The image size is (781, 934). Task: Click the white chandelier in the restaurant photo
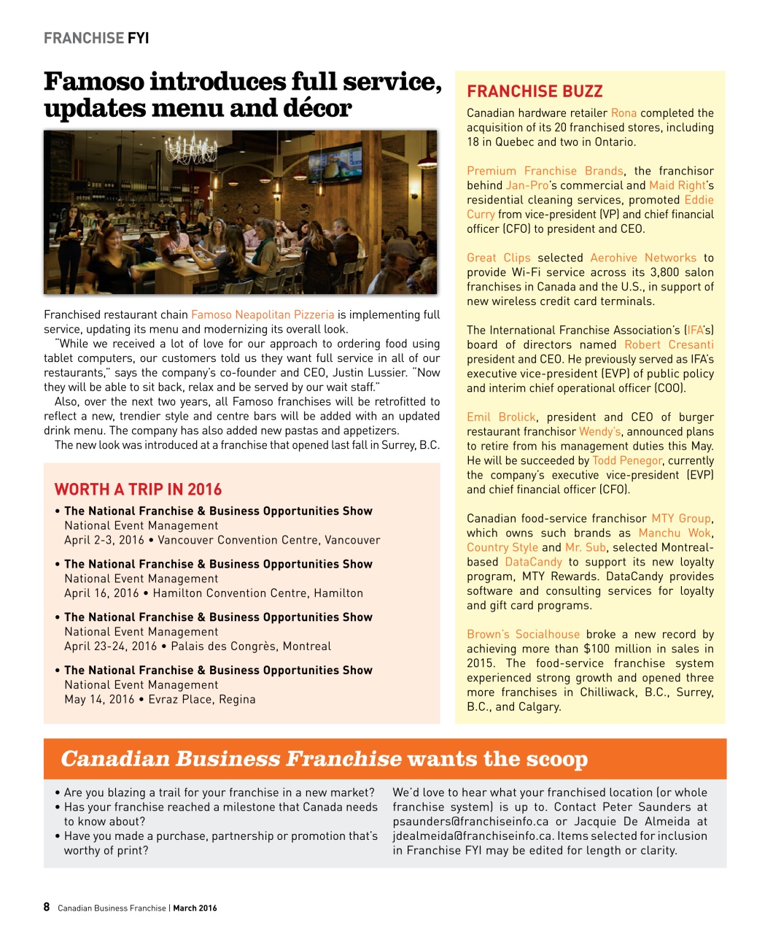tap(191, 149)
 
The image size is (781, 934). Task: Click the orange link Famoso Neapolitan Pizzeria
tap(263, 314)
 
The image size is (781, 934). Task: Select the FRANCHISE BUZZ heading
tap(535, 91)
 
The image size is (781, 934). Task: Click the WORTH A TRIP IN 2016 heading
tap(138, 490)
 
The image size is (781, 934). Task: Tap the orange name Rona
tap(623, 113)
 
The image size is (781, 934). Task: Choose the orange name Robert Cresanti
tap(669, 344)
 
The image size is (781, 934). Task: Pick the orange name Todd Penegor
tap(626, 460)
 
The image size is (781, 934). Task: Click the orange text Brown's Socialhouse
tap(523, 634)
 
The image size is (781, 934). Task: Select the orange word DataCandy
tap(533, 562)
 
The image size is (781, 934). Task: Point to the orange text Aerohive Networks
tap(642, 258)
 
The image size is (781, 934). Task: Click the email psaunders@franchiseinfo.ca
tap(470, 822)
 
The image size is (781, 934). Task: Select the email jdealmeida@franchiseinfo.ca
tap(473, 836)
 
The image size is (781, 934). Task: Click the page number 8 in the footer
tap(47, 907)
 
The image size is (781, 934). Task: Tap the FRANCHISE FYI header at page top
tap(96, 38)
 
